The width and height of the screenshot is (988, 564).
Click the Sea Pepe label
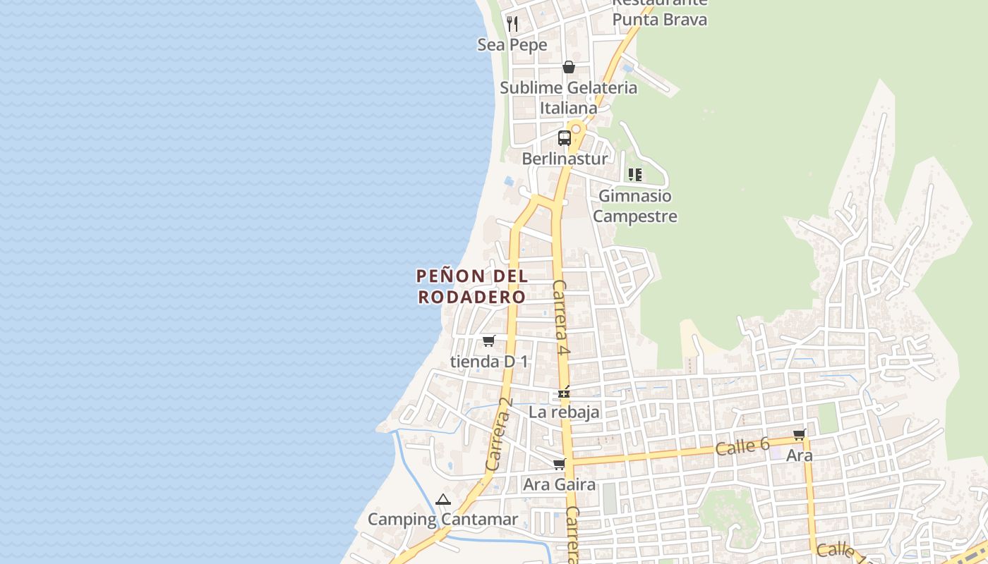click(512, 45)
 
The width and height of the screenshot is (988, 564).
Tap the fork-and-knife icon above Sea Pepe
click(512, 24)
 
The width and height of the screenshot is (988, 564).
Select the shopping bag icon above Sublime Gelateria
click(569, 67)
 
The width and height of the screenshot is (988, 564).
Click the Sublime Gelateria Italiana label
click(568, 98)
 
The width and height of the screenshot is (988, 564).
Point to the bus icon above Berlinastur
click(565, 138)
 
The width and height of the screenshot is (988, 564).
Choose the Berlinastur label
click(565, 159)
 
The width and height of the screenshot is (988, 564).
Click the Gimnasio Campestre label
click(634, 206)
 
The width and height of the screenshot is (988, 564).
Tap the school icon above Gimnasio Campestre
click(635, 175)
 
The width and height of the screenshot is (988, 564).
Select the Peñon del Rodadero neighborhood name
click(472, 286)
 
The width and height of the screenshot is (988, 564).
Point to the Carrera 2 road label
click(498, 434)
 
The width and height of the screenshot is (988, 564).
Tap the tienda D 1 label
click(489, 362)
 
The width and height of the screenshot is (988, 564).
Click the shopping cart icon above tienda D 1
click(489, 341)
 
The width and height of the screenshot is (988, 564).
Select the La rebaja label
click(564, 412)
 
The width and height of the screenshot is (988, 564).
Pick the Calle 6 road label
click(742, 446)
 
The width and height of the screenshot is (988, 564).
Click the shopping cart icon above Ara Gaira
click(560, 464)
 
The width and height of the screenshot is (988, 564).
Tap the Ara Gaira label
click(559, 485)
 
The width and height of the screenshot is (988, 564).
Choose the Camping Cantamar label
click(442, 520)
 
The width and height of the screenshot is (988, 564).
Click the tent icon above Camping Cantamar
click(443, 500)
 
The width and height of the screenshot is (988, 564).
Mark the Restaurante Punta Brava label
click(659, 13)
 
